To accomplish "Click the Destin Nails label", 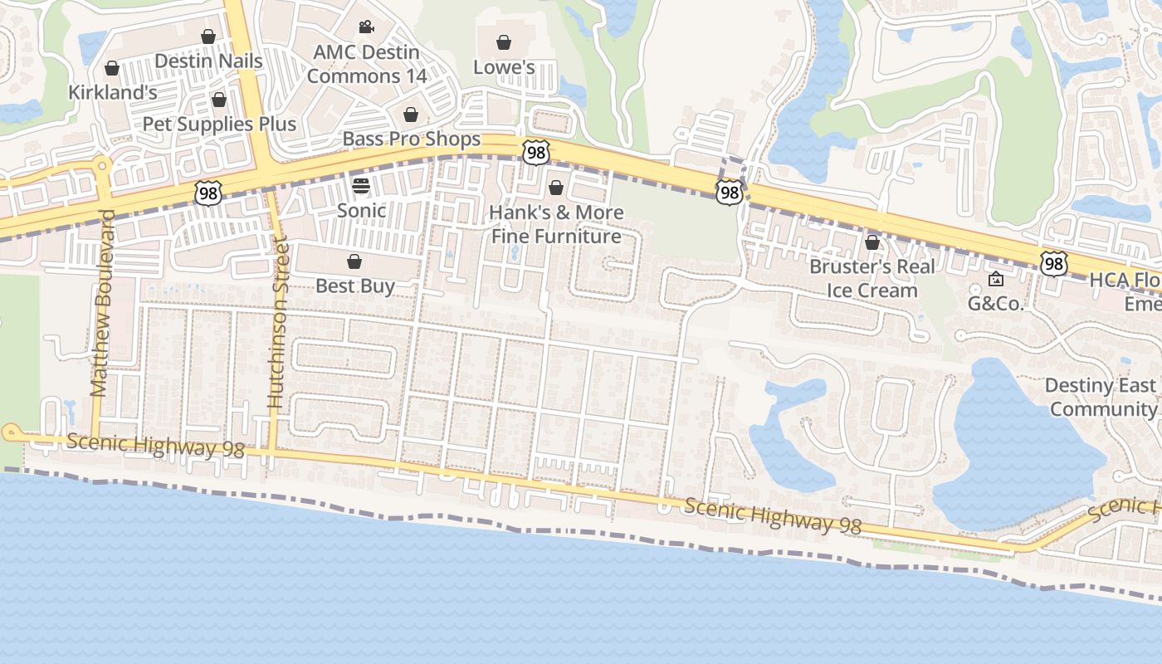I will [x=208, y=61].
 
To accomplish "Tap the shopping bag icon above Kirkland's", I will [x=111, y=68].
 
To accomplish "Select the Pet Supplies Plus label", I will [x=219, y=124].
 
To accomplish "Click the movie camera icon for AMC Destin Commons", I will [x=366, y=27].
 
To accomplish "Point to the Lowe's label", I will [x=504, y=67].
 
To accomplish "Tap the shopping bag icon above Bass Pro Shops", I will [x=410, y=115].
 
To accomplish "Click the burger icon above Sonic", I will [x=360, y=185].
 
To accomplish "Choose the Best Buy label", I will [x=355, y=286].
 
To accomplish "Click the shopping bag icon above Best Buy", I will [x=354, y=262].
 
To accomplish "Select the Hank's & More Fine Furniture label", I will [x=556, y=224].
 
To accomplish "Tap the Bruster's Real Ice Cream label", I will [x=872, y=278].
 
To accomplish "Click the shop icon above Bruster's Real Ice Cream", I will [x=872, y=242].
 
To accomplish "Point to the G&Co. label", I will [x=996, y=304].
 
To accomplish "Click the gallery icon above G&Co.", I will [x=996, y=280].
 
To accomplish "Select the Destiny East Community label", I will [x=1101, y=397].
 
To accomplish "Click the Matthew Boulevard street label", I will [x=102, y=303].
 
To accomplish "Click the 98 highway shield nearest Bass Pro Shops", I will [x=536, y=151].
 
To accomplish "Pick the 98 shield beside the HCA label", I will [x=1053, y=264].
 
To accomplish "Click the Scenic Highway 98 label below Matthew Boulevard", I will [x=155, y=446].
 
